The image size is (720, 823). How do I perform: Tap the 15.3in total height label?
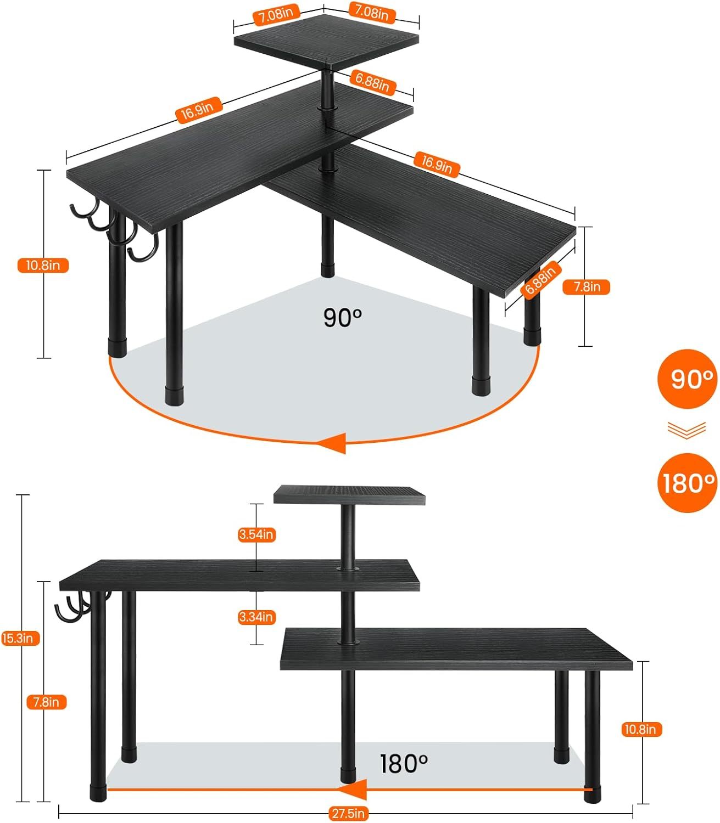[20, 638]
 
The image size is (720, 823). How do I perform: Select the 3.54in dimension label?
[256, 534]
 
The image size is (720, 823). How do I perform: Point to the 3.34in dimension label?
[256, 617]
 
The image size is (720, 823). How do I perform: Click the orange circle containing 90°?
[687, 379]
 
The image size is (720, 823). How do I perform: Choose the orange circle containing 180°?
[687, 483]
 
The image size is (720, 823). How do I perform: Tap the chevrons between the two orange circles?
[686, 430]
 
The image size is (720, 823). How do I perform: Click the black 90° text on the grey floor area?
[343, 318]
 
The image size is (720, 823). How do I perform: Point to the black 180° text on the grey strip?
[404, 763]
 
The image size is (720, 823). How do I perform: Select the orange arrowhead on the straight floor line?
[354, 790]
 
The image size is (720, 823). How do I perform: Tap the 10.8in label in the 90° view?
[43, 266]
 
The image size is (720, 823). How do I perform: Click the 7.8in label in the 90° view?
[587, 287]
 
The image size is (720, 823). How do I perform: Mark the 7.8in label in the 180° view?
[46, 702]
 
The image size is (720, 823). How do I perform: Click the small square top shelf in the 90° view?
[326, 44]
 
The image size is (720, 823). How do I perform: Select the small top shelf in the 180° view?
[349, 494]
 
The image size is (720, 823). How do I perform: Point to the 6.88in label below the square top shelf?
[372, 82]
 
